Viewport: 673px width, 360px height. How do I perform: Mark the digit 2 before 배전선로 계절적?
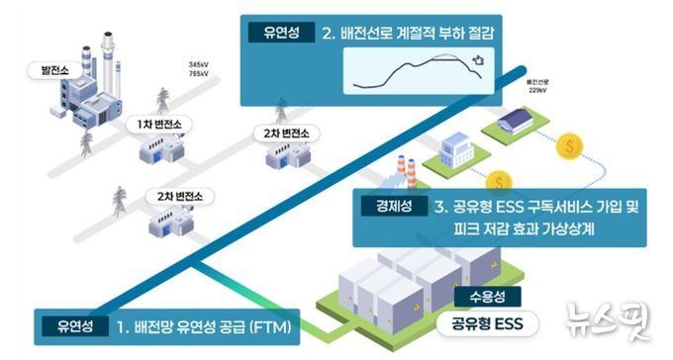(x=328, y=33)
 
